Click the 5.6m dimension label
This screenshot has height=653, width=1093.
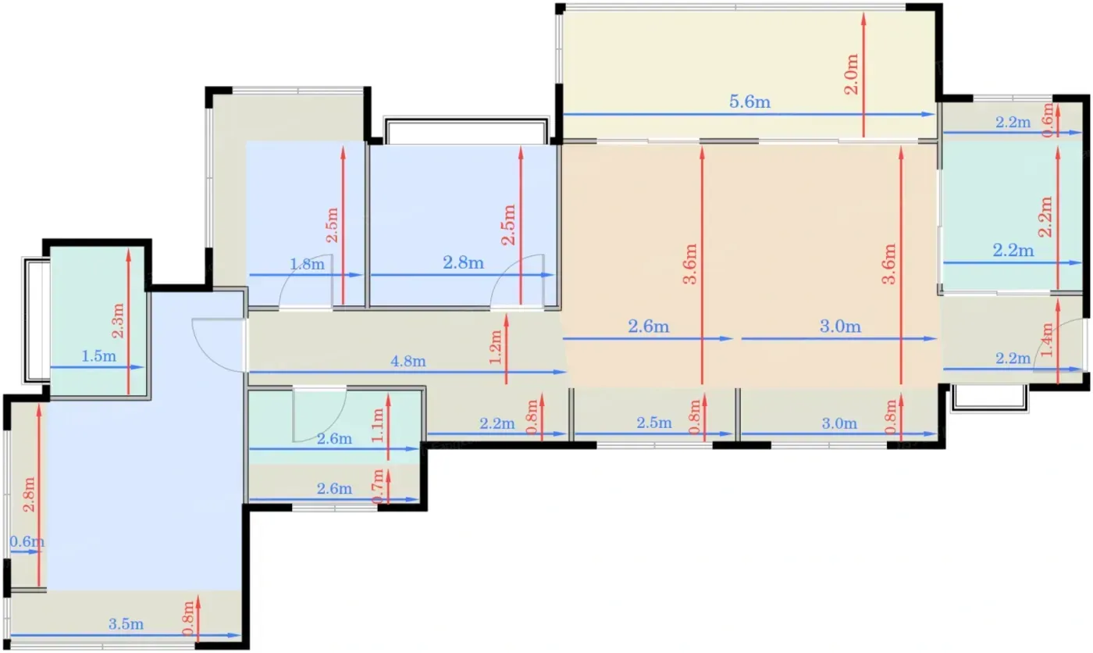coord(749,102)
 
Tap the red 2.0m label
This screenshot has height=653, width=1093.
coord(852,74)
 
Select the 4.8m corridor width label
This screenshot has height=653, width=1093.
coord(408,361)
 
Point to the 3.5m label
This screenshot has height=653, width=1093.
coord(126,624)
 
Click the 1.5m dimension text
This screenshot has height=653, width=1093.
coord(98,355)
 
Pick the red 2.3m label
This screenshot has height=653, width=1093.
coord(118,321)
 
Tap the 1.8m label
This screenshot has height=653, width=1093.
coord(307,264)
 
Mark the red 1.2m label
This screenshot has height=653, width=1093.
coord(496,347)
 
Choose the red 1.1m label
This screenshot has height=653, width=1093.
coord(378,426)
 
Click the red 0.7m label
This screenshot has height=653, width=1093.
coord(378,486)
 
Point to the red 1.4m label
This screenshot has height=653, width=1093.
coord(1048,340)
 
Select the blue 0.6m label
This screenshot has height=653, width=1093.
coord(27,541)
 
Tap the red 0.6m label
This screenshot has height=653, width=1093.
coord(1048,120)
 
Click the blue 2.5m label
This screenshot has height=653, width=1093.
coord(654,423)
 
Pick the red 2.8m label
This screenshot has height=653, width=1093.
coord(29,494)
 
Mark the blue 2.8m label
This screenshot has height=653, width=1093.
coord(463,262)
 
